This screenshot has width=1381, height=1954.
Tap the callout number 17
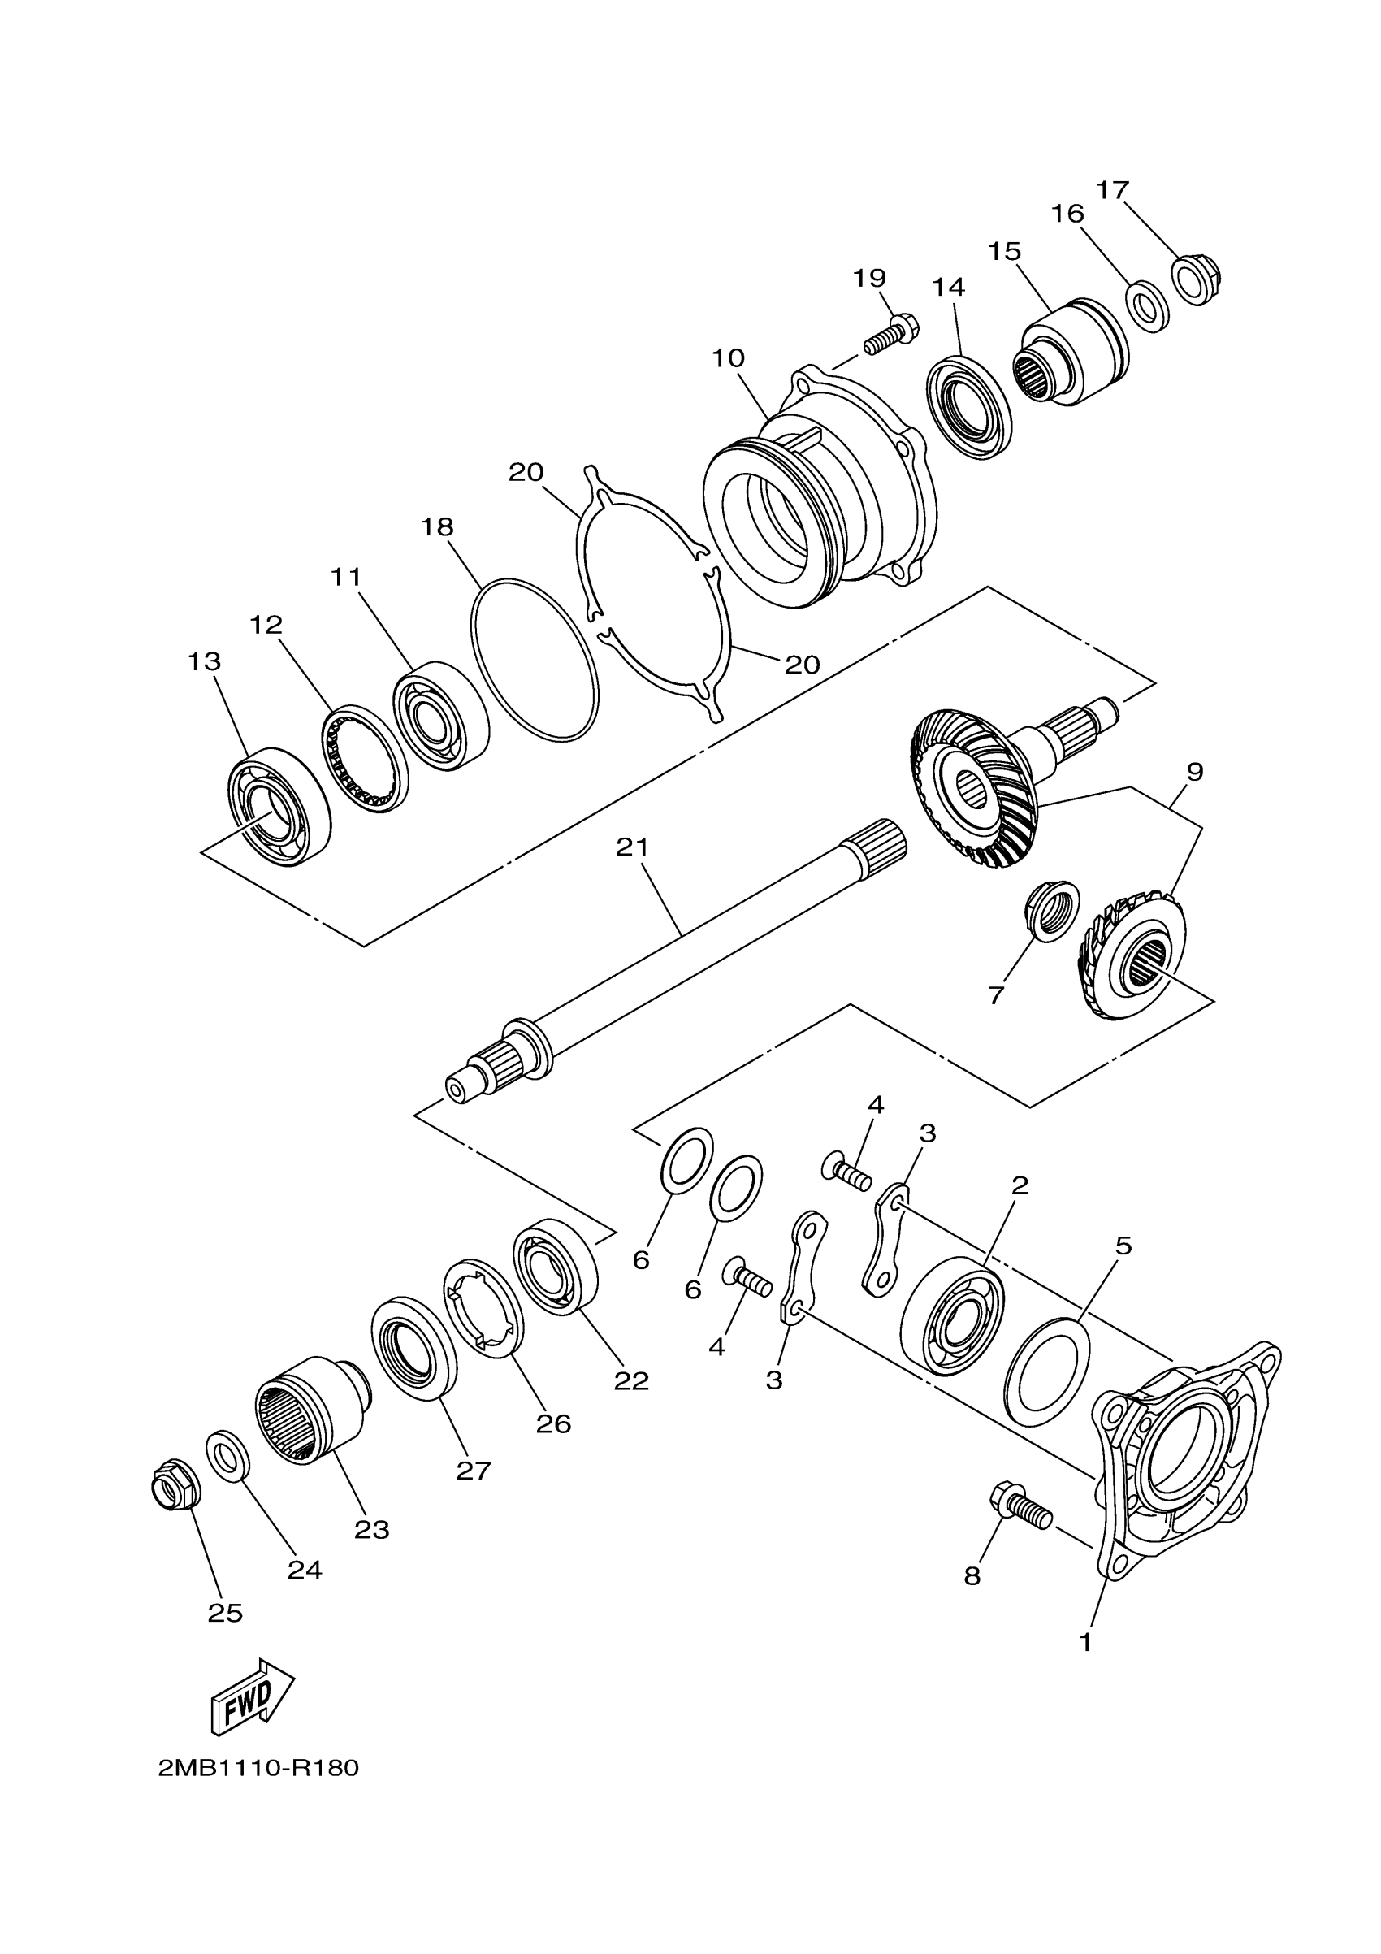tap(1112, 190)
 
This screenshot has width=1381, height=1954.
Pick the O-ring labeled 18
tap(535, 658)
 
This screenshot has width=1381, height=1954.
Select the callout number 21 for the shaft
tap(633, 847)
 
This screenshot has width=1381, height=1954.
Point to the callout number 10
tap(729, 358)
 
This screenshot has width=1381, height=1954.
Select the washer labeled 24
tap(227, 1456)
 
